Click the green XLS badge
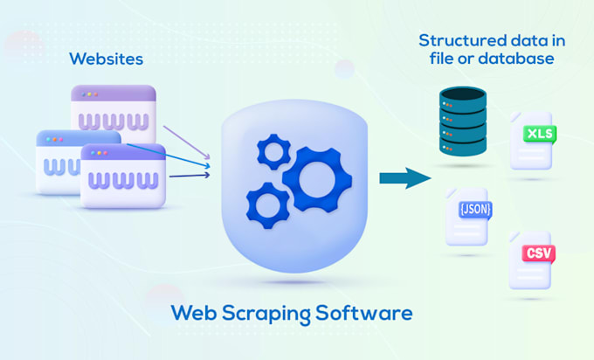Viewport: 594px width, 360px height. (538, 135)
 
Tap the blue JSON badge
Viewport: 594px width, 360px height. (473, 210)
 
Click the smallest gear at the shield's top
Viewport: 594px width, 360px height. (273, 151)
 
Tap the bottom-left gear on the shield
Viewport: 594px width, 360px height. (268, 206)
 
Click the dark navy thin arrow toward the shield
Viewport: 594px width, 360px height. (188, 177)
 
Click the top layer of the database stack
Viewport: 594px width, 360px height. (462, 94)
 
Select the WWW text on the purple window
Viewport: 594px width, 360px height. (114, 118)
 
